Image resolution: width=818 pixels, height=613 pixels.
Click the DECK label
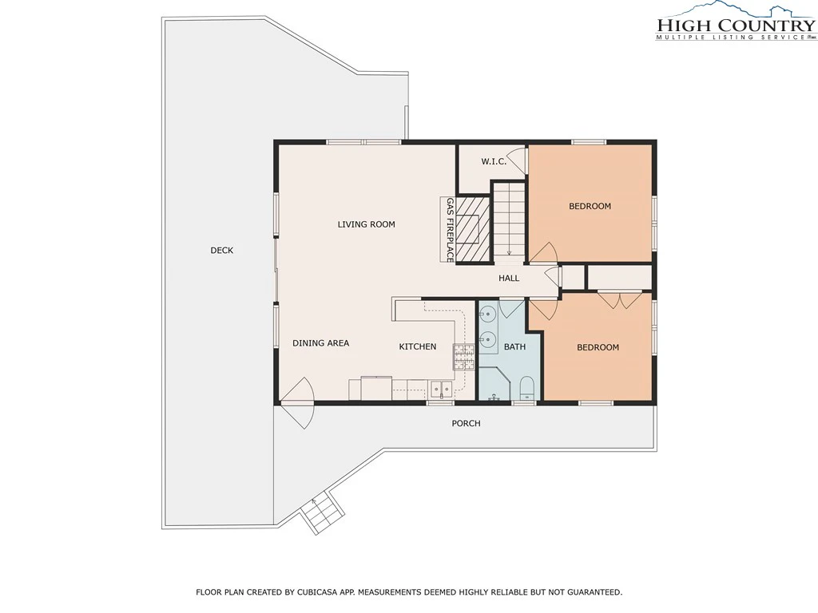point(222,250)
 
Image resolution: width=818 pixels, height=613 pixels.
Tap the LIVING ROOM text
point(366,224)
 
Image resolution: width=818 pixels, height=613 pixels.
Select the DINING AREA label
point(321,343)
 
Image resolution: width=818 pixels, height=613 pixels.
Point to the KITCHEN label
point(417,346)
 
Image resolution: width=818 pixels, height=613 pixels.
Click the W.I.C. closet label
point(494,161)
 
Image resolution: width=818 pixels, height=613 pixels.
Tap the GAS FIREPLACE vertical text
point(450,230)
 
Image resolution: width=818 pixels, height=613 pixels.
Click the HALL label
point(509,279)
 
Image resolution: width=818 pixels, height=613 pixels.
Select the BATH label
point(515,346)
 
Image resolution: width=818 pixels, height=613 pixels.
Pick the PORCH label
point(466,423)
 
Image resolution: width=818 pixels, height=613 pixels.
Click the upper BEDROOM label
point(590,206)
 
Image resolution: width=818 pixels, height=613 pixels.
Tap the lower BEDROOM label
point(598,347)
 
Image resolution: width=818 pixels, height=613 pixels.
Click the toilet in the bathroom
point(527,388)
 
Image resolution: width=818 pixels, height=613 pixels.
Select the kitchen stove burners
point(464,357)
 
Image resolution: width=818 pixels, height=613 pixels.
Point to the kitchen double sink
point(441,389)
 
